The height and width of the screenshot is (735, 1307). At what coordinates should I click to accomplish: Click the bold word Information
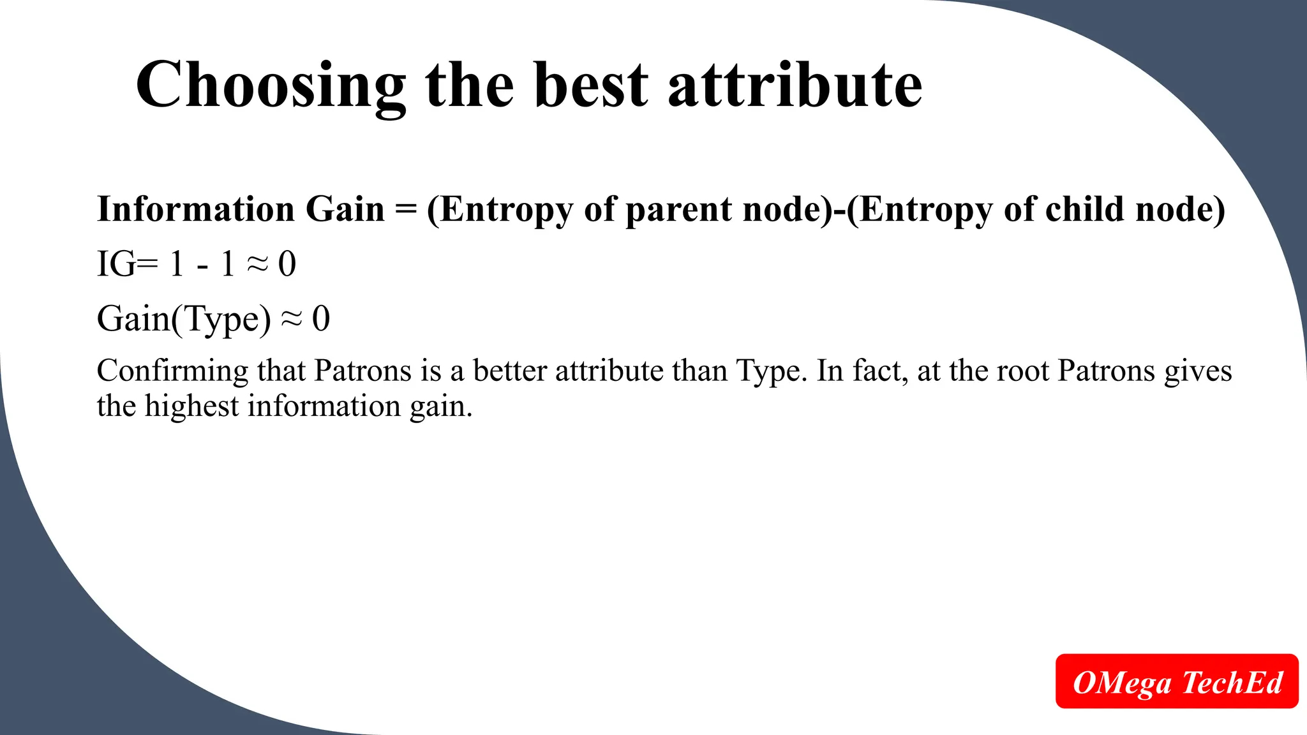tap(196, 209)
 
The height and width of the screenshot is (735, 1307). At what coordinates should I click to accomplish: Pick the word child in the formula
tap(1084, 209)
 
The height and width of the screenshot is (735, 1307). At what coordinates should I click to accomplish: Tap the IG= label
tap(127, 264)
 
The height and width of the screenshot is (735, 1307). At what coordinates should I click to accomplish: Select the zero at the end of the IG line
tap(287, 264)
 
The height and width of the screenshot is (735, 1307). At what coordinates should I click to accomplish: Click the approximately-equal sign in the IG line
tap(257, 264)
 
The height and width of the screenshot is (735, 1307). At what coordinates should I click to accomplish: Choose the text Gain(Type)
tap(184, 319)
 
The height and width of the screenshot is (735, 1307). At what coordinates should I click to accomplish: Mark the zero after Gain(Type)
tap(321, 319)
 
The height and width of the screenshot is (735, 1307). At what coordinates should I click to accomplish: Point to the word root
tap(1022, 371)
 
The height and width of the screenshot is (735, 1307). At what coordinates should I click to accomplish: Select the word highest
tap(191, 406)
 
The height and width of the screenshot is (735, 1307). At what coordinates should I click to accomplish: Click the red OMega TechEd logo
tap(1177, 681)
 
